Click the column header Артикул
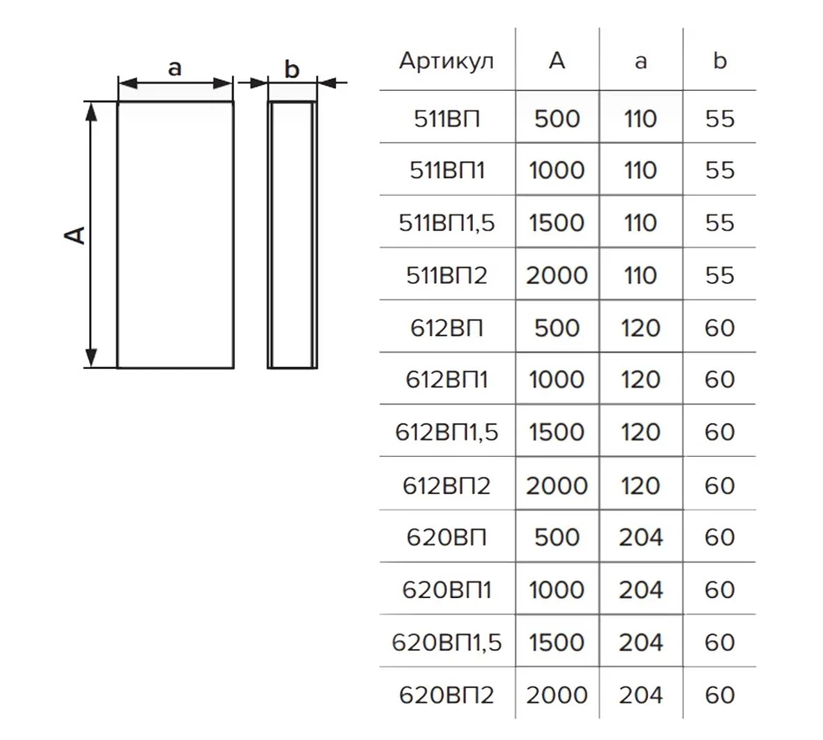[446, 61]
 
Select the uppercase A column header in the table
[557, 61]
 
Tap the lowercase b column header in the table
[720, 61]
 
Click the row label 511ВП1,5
[446, 223]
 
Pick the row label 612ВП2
[446, 486]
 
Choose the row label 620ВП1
[446, 590]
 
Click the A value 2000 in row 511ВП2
[557, 275]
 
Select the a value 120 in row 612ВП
[640, 328]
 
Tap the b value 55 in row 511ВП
[720, 119]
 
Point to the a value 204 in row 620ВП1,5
[640, 642]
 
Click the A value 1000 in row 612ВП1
[557, 380]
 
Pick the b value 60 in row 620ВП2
[720, 695]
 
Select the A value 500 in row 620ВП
[557, 537]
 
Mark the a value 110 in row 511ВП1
[640, 171]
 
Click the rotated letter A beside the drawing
[75, 235]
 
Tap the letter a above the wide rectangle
[174, 68]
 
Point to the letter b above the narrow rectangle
[292, 68]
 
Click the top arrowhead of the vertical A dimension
[91, 111]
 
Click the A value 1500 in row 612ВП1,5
[557, 433]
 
